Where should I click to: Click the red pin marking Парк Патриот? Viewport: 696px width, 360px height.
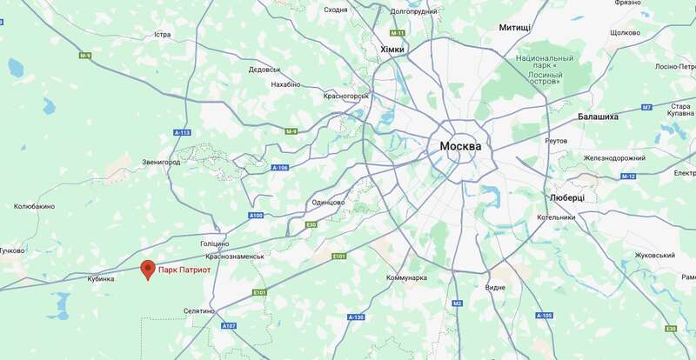click(x=147, y=269)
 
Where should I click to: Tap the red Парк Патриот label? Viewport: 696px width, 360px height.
click(x=184, y=270)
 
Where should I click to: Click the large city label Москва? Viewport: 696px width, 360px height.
click(x=460, y=146)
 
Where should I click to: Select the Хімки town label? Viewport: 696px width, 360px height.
click(x=392, y=50)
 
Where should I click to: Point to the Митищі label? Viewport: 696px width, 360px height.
click(x=515, y=28)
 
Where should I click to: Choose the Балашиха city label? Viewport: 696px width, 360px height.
click(x=598, y=117)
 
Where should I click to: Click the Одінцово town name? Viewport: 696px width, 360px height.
click(x=328, y=202)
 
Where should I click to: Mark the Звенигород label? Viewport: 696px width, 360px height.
click(x=161, y=162)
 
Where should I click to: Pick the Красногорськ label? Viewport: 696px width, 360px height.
click(x=347, y=97)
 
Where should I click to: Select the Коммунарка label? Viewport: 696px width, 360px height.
click(x=406, y=277)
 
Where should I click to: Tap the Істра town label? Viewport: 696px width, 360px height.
click(x=162, y=35)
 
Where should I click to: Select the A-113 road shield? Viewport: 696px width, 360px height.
click(x=182, y=132)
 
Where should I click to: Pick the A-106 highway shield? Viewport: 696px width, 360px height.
click(x=279, y=167)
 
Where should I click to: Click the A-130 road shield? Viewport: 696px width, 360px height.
click(x=355, y=318)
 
